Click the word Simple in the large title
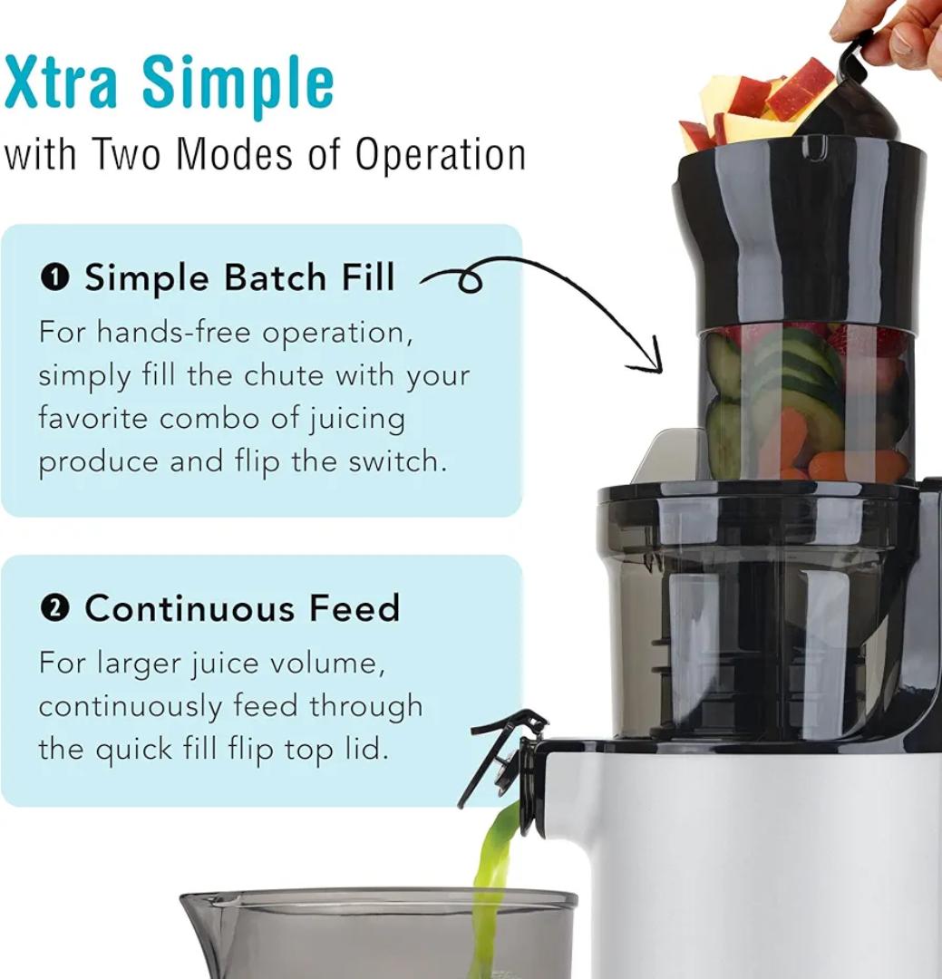click(x=238, y=83)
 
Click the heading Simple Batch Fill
click(x=239, y=277)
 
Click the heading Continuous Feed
click(x=242, y=608)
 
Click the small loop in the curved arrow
click(x=469, y=283)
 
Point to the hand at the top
click(x=898, y=32)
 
